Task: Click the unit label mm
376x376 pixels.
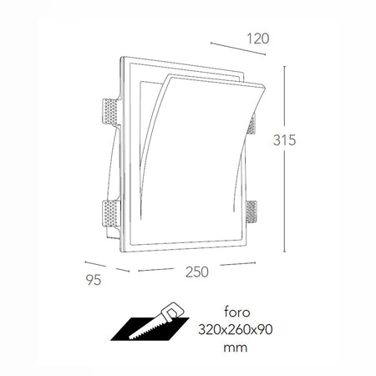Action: tap(241, 347)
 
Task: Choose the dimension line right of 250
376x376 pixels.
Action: tap(236, 265)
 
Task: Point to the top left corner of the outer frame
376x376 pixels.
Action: tap(121, 58)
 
